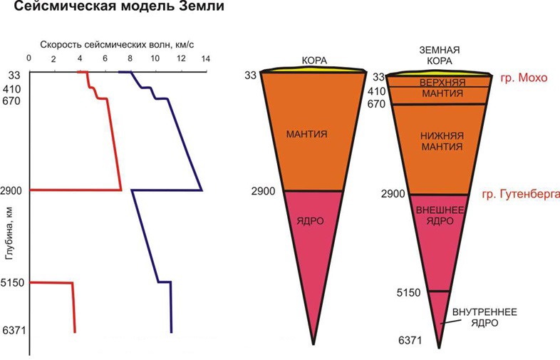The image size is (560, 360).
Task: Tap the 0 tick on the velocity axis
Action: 28,58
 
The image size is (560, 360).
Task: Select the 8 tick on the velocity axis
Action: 130,58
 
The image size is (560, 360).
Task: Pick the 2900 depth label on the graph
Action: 14,190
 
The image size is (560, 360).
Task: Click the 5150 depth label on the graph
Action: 14,283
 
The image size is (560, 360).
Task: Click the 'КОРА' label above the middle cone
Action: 313,61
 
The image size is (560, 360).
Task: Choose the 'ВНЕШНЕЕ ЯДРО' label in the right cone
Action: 440,215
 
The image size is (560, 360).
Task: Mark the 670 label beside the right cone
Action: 376,105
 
